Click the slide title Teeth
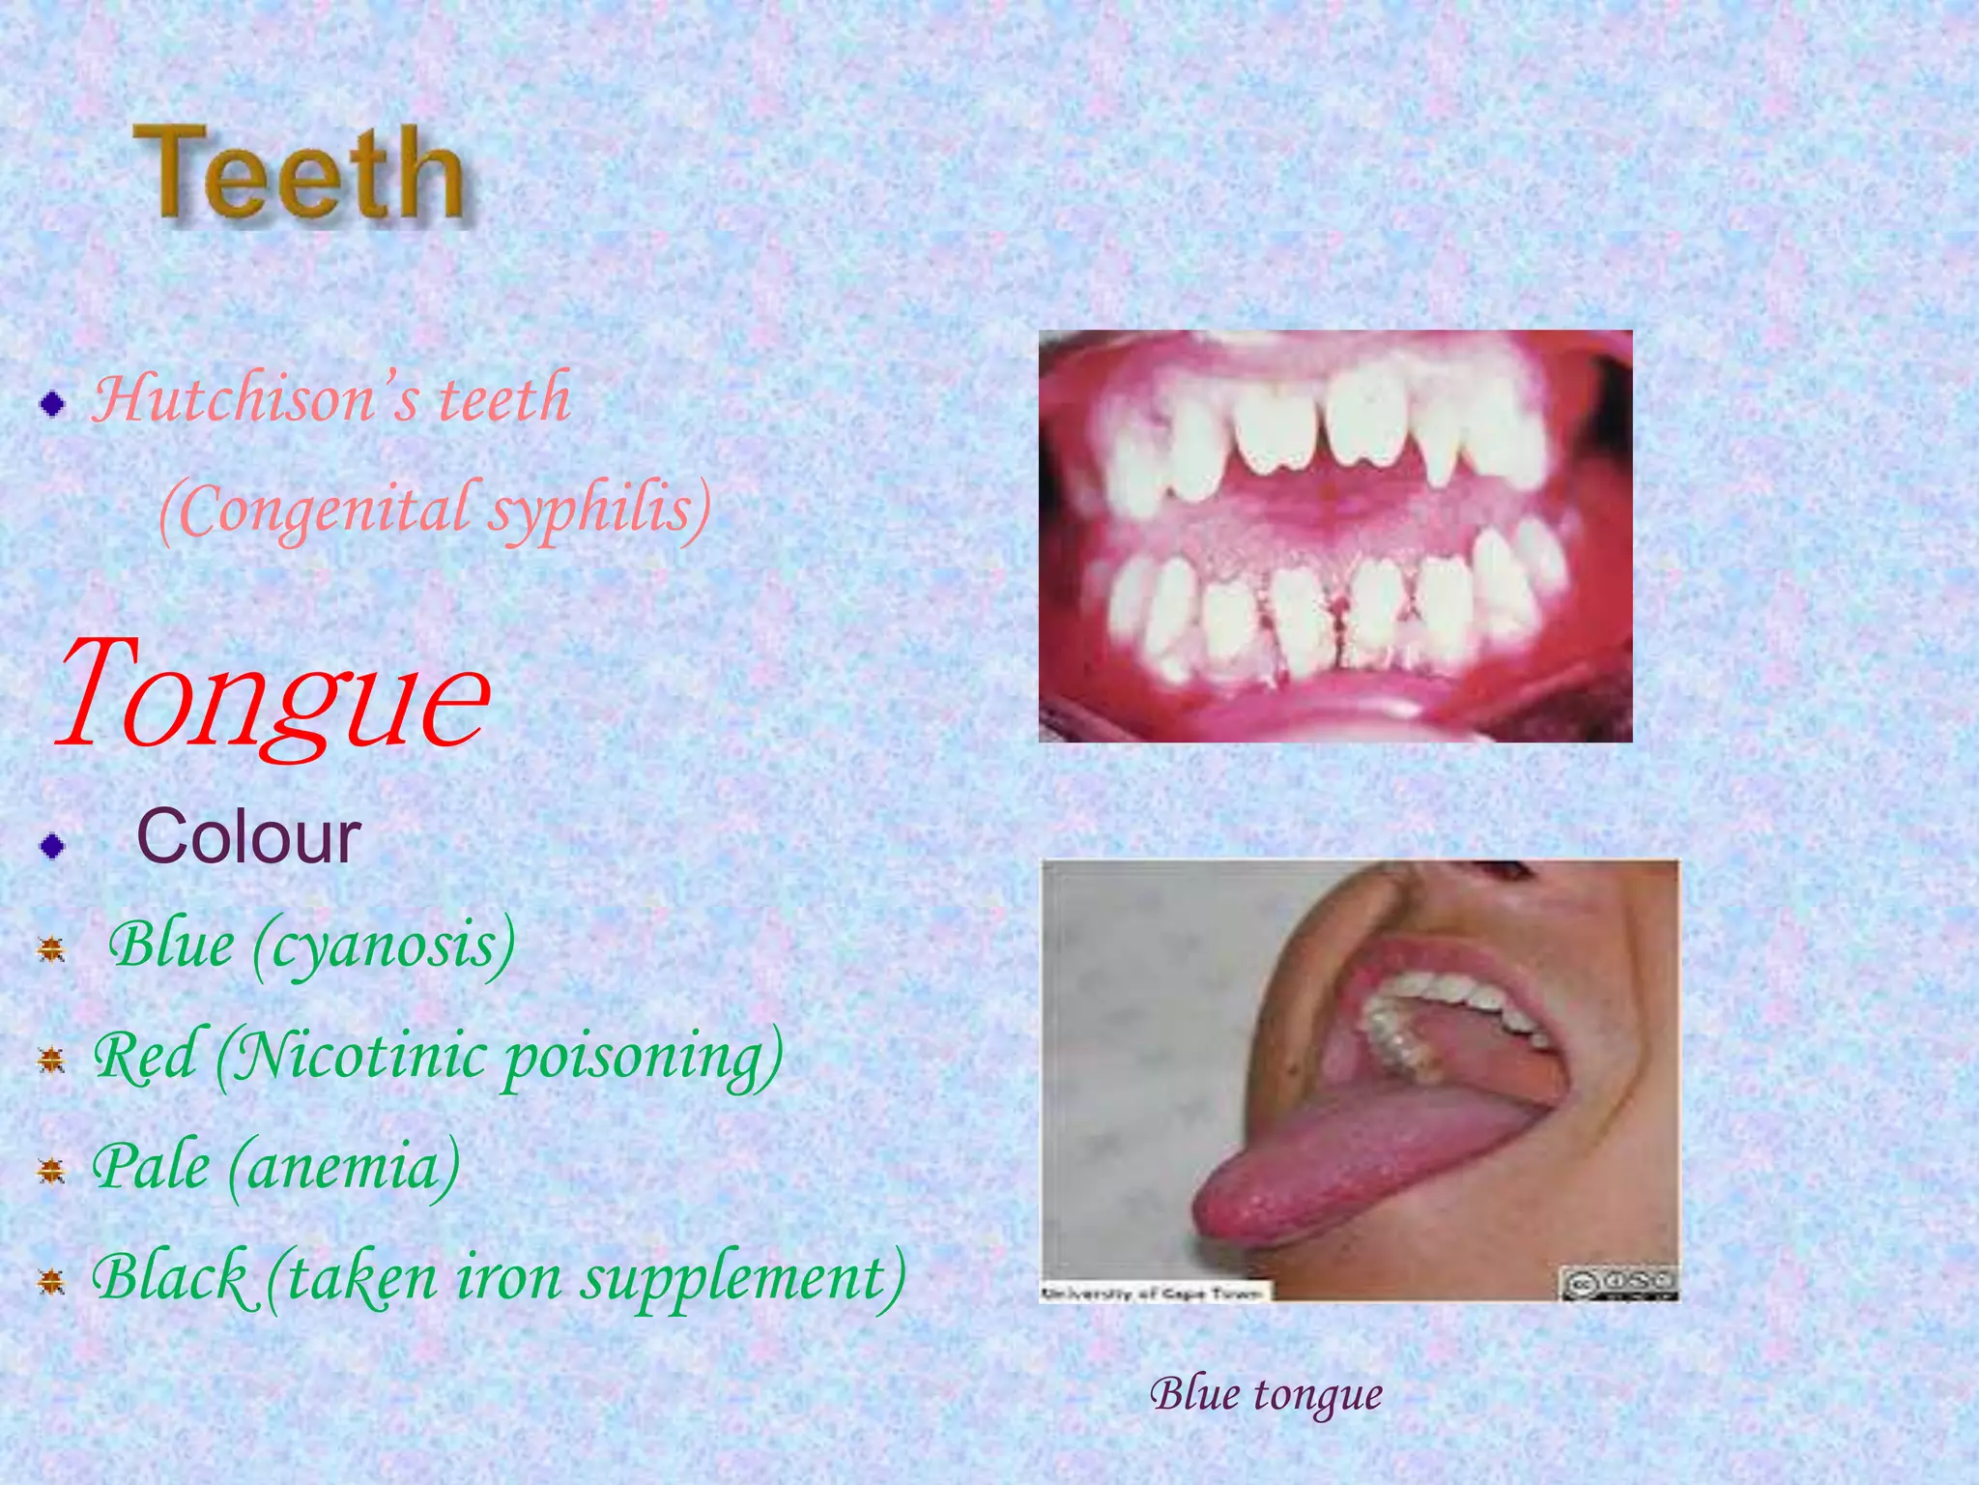pos(300,174)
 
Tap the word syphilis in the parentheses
pos(599,510)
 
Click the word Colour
pos(248,837)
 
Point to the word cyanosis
pos(385,946)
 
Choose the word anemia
pos(344,1167)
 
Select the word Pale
pos(151,1167)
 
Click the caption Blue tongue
pos(1266,1394)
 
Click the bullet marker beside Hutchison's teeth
pos(53,404)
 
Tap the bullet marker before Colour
pos(53,846)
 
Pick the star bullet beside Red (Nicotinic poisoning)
pos(51,1063)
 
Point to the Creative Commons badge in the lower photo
pos(1619,1282)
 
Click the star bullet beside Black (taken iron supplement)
pos(51,1283)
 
